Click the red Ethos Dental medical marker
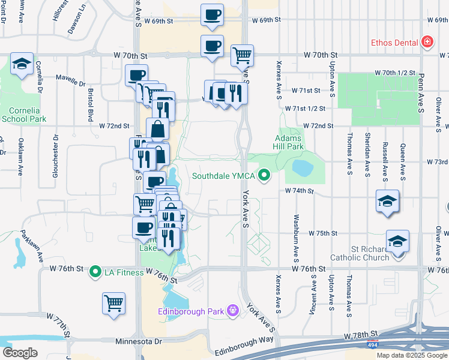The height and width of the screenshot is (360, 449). click(427, 42)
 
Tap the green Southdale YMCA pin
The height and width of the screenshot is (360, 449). click(262, 176)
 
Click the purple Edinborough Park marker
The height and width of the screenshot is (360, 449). click(233, 310)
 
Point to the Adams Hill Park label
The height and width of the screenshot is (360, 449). click(290, 142)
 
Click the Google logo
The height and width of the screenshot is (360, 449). click(20, 352)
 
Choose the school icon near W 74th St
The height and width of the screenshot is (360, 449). click(387, 200)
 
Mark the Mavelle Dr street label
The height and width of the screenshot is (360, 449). click(72, 77)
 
